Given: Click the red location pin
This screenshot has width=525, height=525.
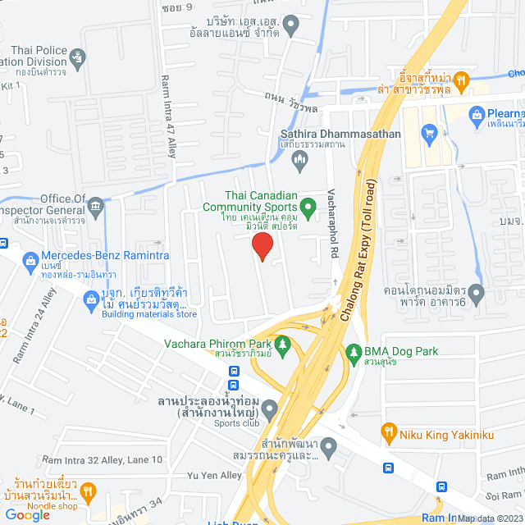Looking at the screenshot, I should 261,246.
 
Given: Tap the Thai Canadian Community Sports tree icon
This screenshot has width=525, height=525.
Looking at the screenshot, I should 308,205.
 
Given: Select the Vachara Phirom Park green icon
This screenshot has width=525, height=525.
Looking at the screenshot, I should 283,344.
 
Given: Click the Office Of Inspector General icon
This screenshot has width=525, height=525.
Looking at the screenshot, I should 97,203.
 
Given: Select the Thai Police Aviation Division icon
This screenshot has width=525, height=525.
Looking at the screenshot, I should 78,57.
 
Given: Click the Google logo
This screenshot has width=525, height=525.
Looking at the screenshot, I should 28,514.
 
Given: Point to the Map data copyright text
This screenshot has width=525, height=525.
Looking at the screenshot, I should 489,518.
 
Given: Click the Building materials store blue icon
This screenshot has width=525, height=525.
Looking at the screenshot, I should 91,303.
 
